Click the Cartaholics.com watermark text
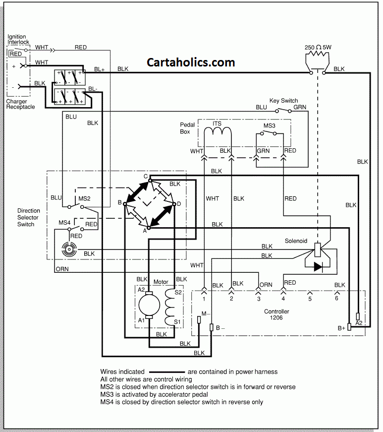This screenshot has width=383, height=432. click(191, 62)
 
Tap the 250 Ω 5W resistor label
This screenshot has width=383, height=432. click(319, 48)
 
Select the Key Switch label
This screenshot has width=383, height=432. click(283, 100)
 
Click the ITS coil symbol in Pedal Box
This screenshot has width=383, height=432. click(218, 131)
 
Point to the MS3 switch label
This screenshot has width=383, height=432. click(269, 126)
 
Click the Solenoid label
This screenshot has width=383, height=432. click(296, 241)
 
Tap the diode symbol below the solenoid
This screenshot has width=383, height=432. click(317, 266)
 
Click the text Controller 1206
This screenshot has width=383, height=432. click(276, 314)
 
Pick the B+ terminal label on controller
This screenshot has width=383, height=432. click(341, 328)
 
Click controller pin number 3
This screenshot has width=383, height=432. click(258, 299)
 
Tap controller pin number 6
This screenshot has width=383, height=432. click(337, 299)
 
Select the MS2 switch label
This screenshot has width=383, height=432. click(84, 198)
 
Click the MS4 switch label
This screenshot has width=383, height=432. click(64, 222)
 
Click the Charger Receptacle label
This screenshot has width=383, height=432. click(20, 104)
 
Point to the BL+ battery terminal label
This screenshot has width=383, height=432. click(99, 70)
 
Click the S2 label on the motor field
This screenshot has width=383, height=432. click(178, 293)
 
